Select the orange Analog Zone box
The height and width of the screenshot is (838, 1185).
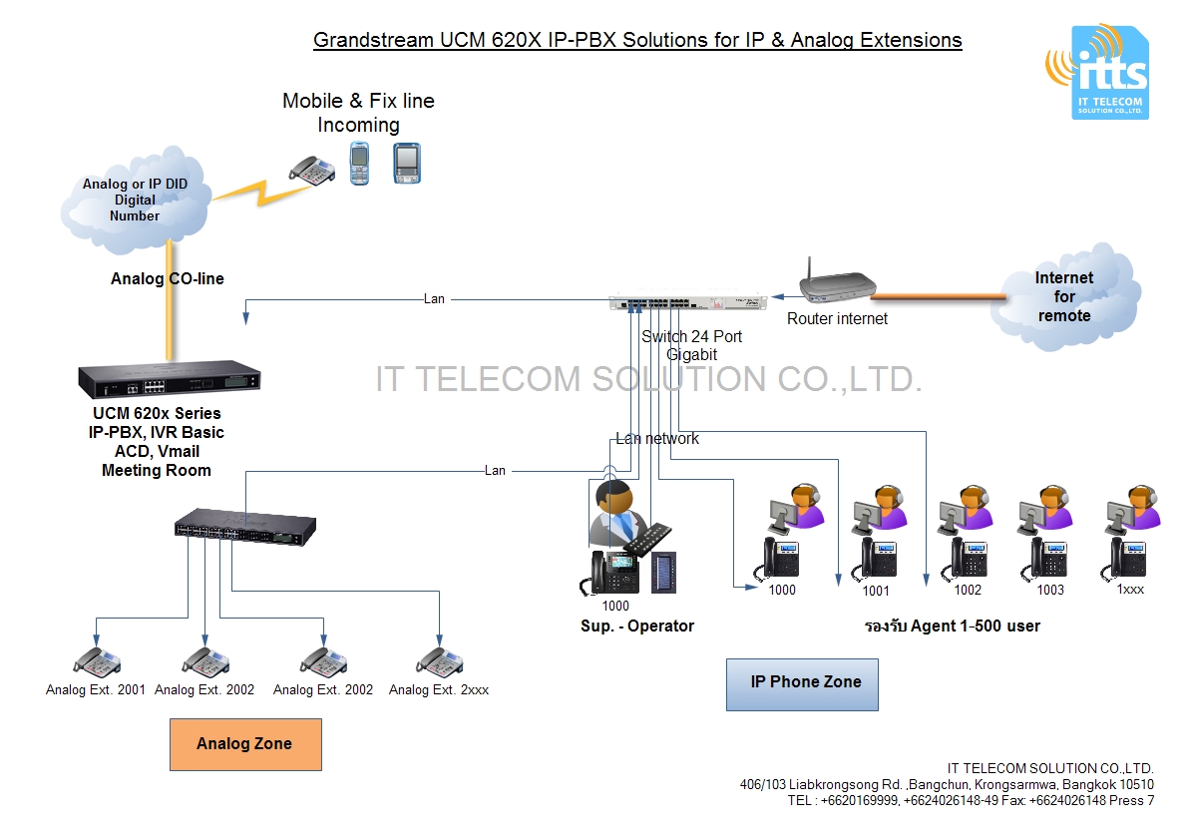245,743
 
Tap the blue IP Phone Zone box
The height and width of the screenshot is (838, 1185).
802,683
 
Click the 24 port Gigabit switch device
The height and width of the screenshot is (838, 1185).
688,300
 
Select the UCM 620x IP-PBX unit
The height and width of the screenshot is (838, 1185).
170,379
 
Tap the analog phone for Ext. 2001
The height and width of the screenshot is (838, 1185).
97,662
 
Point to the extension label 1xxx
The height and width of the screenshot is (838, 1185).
1131,590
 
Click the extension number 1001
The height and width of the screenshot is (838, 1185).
876,590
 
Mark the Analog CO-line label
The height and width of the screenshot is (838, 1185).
167,279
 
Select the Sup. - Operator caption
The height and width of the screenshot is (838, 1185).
636,627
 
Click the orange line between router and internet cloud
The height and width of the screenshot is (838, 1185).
938,294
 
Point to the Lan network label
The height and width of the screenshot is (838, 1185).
656,439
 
